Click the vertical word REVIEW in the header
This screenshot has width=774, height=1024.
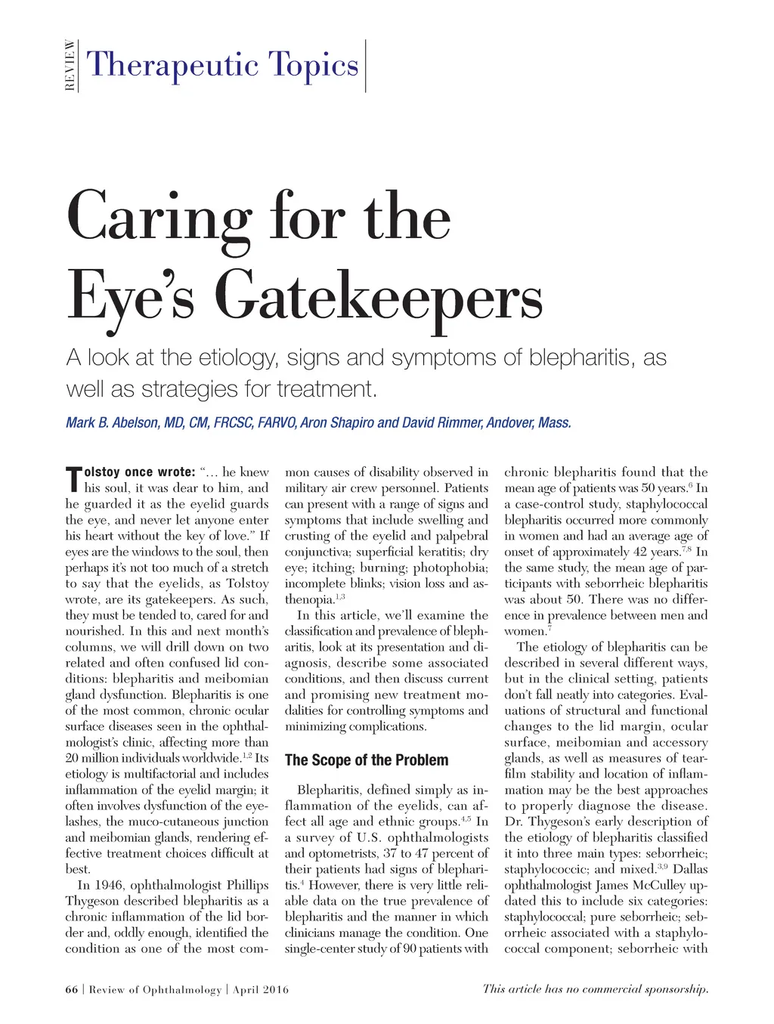pyautogui.click(x=70, y=65)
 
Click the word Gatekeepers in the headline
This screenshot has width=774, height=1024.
pyautogui.click(x=378, y=298)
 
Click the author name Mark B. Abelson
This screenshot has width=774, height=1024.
pyautogui.click(x=113, y=422)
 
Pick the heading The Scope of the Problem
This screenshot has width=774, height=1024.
pyautogui.click(x=367, y=760)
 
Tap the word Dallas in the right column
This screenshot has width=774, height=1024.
pyautogui.click(x=690, y=869)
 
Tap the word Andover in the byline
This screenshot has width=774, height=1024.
pyautogui.click(x=510, y=422)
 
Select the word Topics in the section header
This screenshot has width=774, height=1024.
pyautogui.click(x=316, y=65)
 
